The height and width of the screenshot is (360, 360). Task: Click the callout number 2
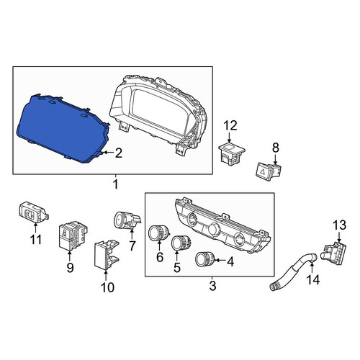coord(118,153)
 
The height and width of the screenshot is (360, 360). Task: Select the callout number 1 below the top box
coord(115,184)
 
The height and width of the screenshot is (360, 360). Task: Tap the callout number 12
coord(230,125)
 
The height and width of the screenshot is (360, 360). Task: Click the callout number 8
coord(276,148)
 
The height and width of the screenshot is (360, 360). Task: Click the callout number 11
coord(36,240)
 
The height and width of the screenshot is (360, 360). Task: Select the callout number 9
coord(70,268)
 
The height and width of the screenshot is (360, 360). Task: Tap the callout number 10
coord(107,287)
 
